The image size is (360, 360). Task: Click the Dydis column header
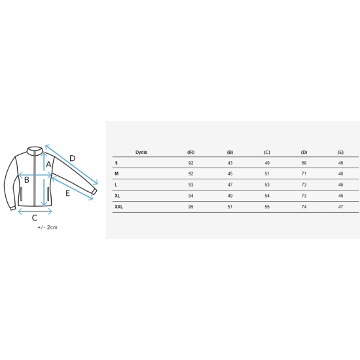[x=141, y=153]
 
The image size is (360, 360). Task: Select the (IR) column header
[x=190, y=153]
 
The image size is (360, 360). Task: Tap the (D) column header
[x=304, y=153]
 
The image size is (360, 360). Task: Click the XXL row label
[x=118, y=207]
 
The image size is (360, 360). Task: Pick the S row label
[x=116, y=163]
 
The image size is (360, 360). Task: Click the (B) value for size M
[x=230, y=174]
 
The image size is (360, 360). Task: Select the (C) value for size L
[x=267, y=185]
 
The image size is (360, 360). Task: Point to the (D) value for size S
[x=304, y=163]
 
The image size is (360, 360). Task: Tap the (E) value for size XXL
[x=341, y=207]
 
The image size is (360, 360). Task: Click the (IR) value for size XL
[x=190, y=196]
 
